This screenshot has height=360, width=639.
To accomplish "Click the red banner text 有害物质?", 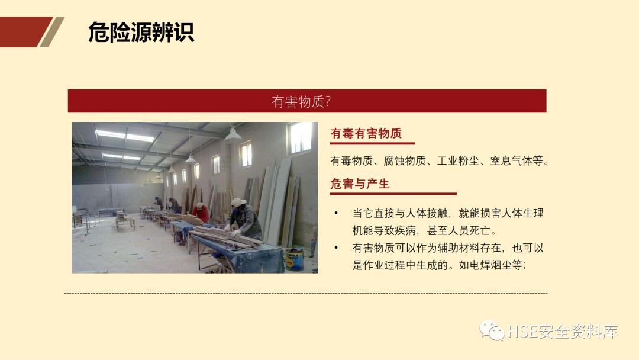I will pyautogui.click(x=301, y=101).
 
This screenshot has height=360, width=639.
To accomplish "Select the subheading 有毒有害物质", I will pyautogui.click(x=366, y=134).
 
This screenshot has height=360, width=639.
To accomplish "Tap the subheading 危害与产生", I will pyautogui.click(x=360, y=184).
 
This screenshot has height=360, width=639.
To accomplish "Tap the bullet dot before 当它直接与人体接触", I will pyautogui.click(x=336, y=213).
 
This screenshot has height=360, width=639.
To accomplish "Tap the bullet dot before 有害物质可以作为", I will pyautogui.click(x=336, y=248).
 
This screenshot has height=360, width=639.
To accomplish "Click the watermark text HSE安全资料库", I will pyautogui.click(x=563, y=332).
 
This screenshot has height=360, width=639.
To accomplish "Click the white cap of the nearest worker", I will pyautogui.click(x=238, y=202).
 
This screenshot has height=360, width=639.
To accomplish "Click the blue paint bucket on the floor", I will pyautogui.click(x=293, y=258).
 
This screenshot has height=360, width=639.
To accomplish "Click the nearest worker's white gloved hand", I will pyautogui.click(x=235, y=232).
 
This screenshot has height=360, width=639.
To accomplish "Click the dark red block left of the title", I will pyautogui.click(x=24, y=32).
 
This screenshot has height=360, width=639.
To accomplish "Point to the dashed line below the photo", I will pyautogui.click(x=305, y=293).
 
